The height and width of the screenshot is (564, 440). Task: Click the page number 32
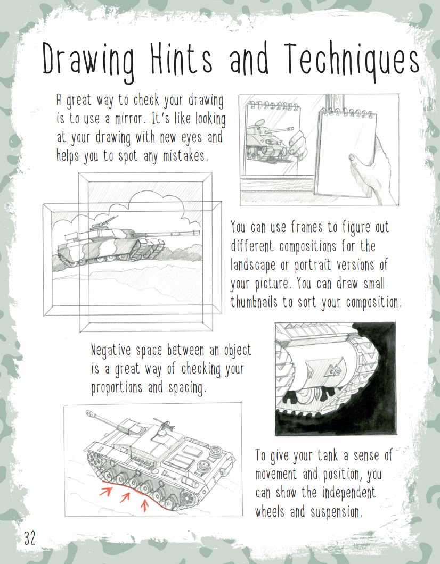pos(29,538)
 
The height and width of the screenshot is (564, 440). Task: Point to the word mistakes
pos(184,156)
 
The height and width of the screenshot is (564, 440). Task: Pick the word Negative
pos(113,351)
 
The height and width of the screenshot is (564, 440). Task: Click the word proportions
pos(118,387)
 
